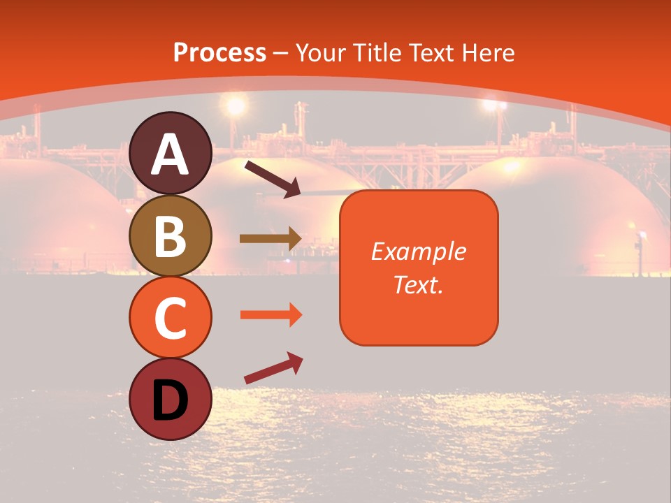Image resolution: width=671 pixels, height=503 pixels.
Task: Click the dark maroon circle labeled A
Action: [171, 153]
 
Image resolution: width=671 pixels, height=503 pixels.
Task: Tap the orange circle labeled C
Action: [171, 317]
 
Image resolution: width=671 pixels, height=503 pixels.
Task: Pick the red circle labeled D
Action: [171, 399]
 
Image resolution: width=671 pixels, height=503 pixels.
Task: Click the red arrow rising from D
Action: [273, 368]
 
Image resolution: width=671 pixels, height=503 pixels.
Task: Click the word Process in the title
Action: [219, 53]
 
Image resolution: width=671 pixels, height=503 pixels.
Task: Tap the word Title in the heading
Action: [374, 53]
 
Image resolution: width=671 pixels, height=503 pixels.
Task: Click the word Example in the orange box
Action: [419, 251]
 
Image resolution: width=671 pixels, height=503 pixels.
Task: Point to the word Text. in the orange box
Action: [419, 284]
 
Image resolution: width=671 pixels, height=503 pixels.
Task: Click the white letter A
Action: [171, 154]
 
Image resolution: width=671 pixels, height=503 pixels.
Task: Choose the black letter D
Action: [171, 400]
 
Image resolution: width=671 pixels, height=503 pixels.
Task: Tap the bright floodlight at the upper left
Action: [236, 105]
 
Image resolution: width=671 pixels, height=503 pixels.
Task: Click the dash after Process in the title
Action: [281, 54]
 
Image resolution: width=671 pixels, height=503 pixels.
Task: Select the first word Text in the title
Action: [429, 53]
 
